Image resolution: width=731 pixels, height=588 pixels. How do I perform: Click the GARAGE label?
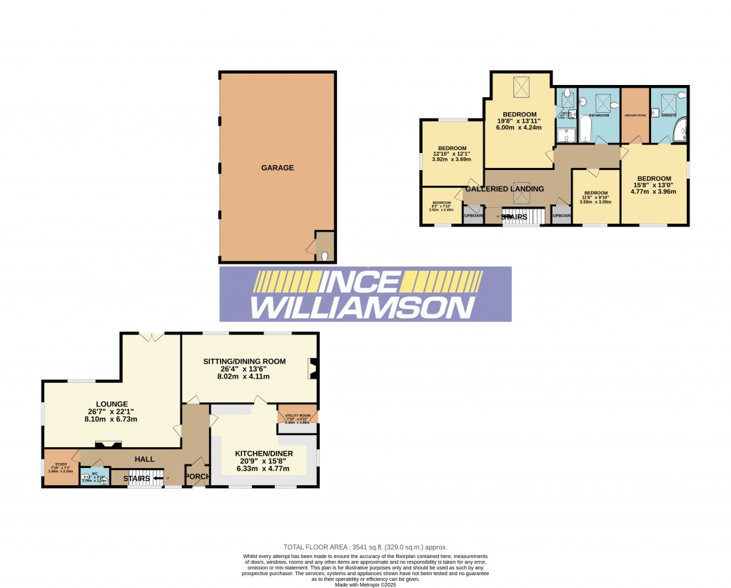tap(277, 168)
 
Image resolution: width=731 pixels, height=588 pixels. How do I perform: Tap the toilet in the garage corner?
tap(325, 256)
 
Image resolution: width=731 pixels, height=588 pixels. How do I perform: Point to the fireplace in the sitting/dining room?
tap(312, 369)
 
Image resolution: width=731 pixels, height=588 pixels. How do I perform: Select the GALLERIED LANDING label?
tap(505, 189)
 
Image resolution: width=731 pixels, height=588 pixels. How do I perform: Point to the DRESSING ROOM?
tap(635, 115)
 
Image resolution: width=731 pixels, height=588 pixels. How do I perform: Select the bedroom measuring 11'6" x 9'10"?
tap(596, 197)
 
